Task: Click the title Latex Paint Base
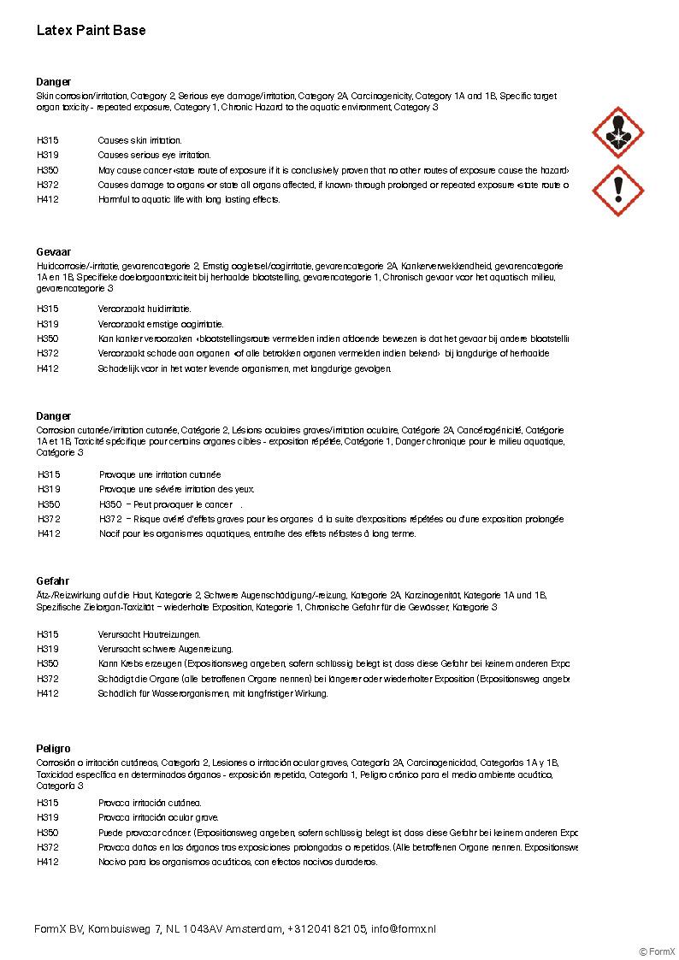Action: pyautogui.click(x=91, y=31)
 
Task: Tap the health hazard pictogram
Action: pyautogui.click(x=617, y=133)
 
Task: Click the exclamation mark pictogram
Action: pyautogui.click(x=617, y=190)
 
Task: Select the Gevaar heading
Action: pyautogui.click(x=54, y=253)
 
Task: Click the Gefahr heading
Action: pyautogui.click(x=53, y=581)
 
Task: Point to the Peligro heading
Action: pyautogui.click(x=54, y=749)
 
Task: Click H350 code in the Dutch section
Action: pyautogui.click(x=48, y=339)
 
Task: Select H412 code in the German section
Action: pyautogui.click(x=48, y=694)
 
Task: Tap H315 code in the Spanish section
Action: pyautogui.click(x=48, y=803)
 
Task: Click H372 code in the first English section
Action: pyautogui.click(x=48, y=185)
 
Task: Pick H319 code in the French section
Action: pyautogui.click(x=49, y=489)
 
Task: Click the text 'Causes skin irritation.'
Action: pyautogui.click(x=139, y=140)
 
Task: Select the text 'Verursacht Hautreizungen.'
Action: pyautogui.click(x=149, y=634)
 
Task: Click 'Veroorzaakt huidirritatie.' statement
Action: pyautogui.click(x=145, y=309)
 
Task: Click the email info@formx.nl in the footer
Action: pyautogui.click(x=403, y=928)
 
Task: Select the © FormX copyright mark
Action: pyautogui.click(x=657, y=951)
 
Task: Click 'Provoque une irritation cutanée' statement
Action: pyautogui.click(x=160, y=474)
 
